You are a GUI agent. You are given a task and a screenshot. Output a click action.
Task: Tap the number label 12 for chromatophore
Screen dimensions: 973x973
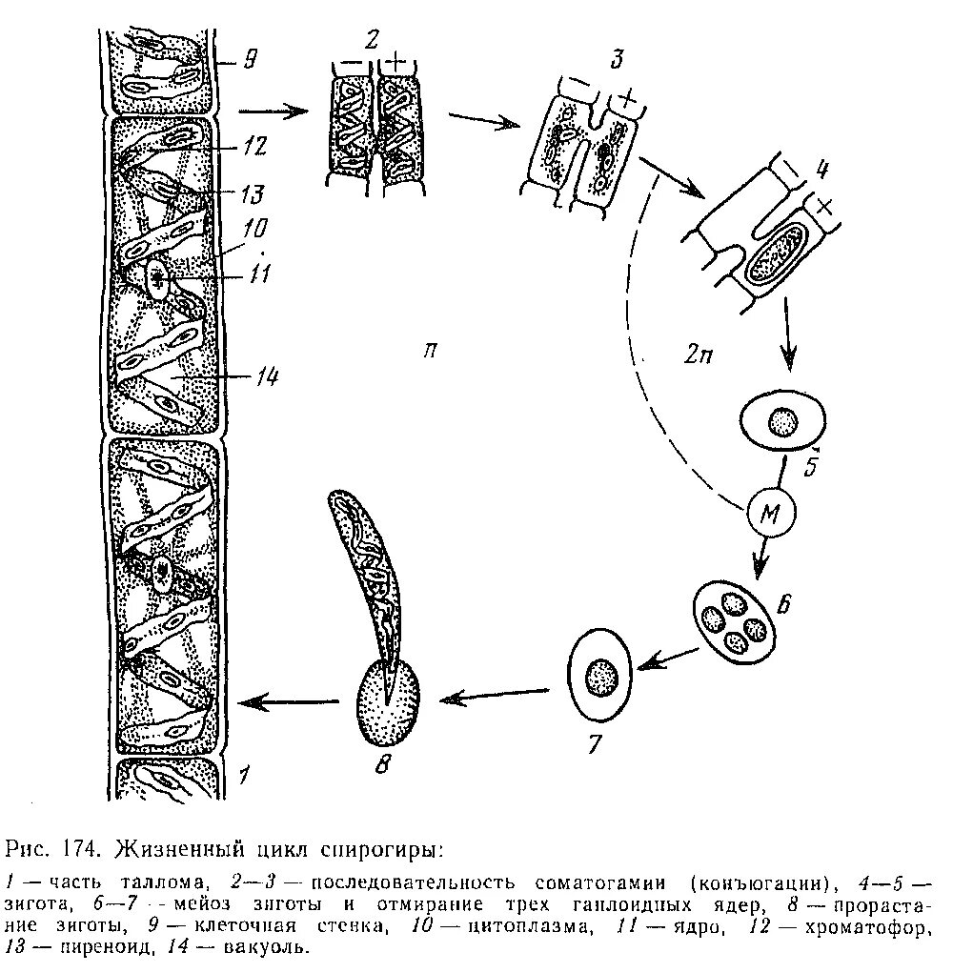(253, 148)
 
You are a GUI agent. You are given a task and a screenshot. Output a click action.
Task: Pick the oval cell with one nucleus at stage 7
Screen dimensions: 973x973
(601, 674)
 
